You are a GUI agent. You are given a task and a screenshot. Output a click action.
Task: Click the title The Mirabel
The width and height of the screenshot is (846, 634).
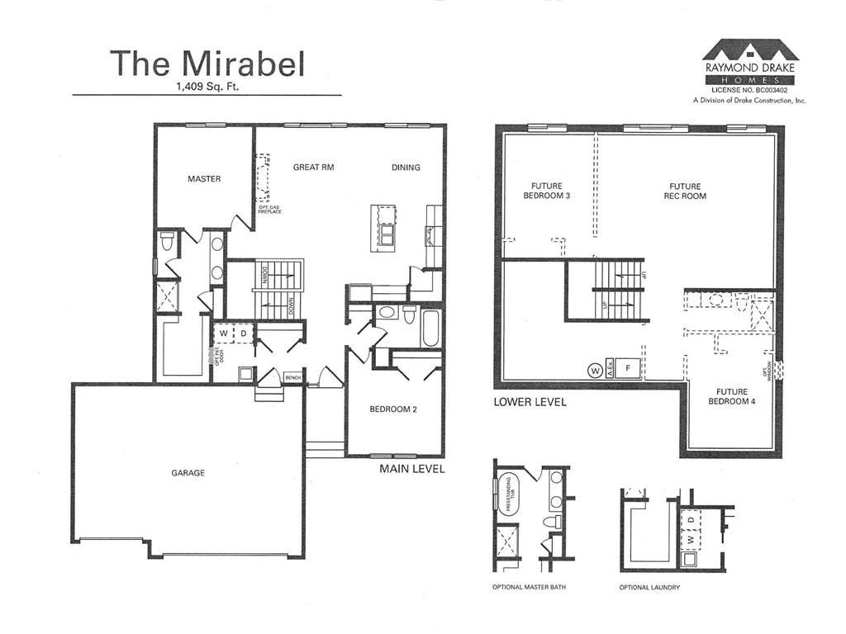pos(207,64)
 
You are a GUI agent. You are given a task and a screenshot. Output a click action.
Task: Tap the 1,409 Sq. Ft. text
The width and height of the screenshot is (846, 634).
pos(207,86)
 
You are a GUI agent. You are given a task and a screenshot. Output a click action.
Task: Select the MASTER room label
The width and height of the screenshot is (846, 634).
pos(204,179)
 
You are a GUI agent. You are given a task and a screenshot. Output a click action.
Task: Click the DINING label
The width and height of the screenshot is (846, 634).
pos(406,168)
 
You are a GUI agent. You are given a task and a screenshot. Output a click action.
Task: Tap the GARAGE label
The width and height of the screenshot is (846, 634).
pos(188,473)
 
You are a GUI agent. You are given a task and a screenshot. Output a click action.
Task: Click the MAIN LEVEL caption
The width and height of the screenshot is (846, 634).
pos(412,469)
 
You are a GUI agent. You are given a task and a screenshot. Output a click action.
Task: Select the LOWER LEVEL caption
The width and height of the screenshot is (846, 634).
pos(530,402)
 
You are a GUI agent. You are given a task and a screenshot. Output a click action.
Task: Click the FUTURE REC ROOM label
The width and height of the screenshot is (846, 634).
pos(685,191)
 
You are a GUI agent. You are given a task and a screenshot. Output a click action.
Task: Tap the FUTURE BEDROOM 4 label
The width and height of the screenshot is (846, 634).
pos(732,396)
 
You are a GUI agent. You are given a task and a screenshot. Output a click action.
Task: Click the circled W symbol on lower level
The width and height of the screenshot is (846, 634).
pos(593,370)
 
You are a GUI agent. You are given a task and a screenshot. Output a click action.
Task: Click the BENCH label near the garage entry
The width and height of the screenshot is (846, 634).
pos(292,377)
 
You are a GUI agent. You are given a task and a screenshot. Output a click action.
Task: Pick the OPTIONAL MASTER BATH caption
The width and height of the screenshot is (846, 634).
pos(528,588)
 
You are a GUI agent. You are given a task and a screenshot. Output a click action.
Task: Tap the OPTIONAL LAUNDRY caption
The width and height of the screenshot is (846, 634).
pos(649,588)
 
